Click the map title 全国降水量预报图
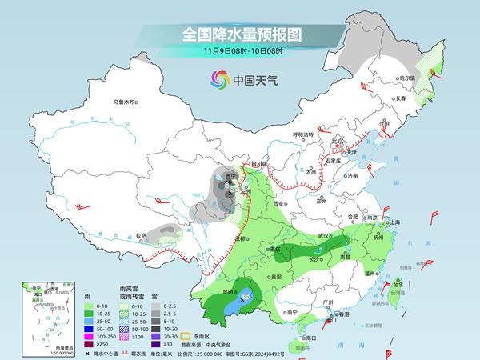coord(239,35)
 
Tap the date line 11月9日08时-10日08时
coord(239,52)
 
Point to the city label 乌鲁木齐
coord(126,102)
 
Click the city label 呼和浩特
coord(303,134)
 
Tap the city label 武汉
coord(323,236)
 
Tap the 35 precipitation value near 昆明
coord(246,297)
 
